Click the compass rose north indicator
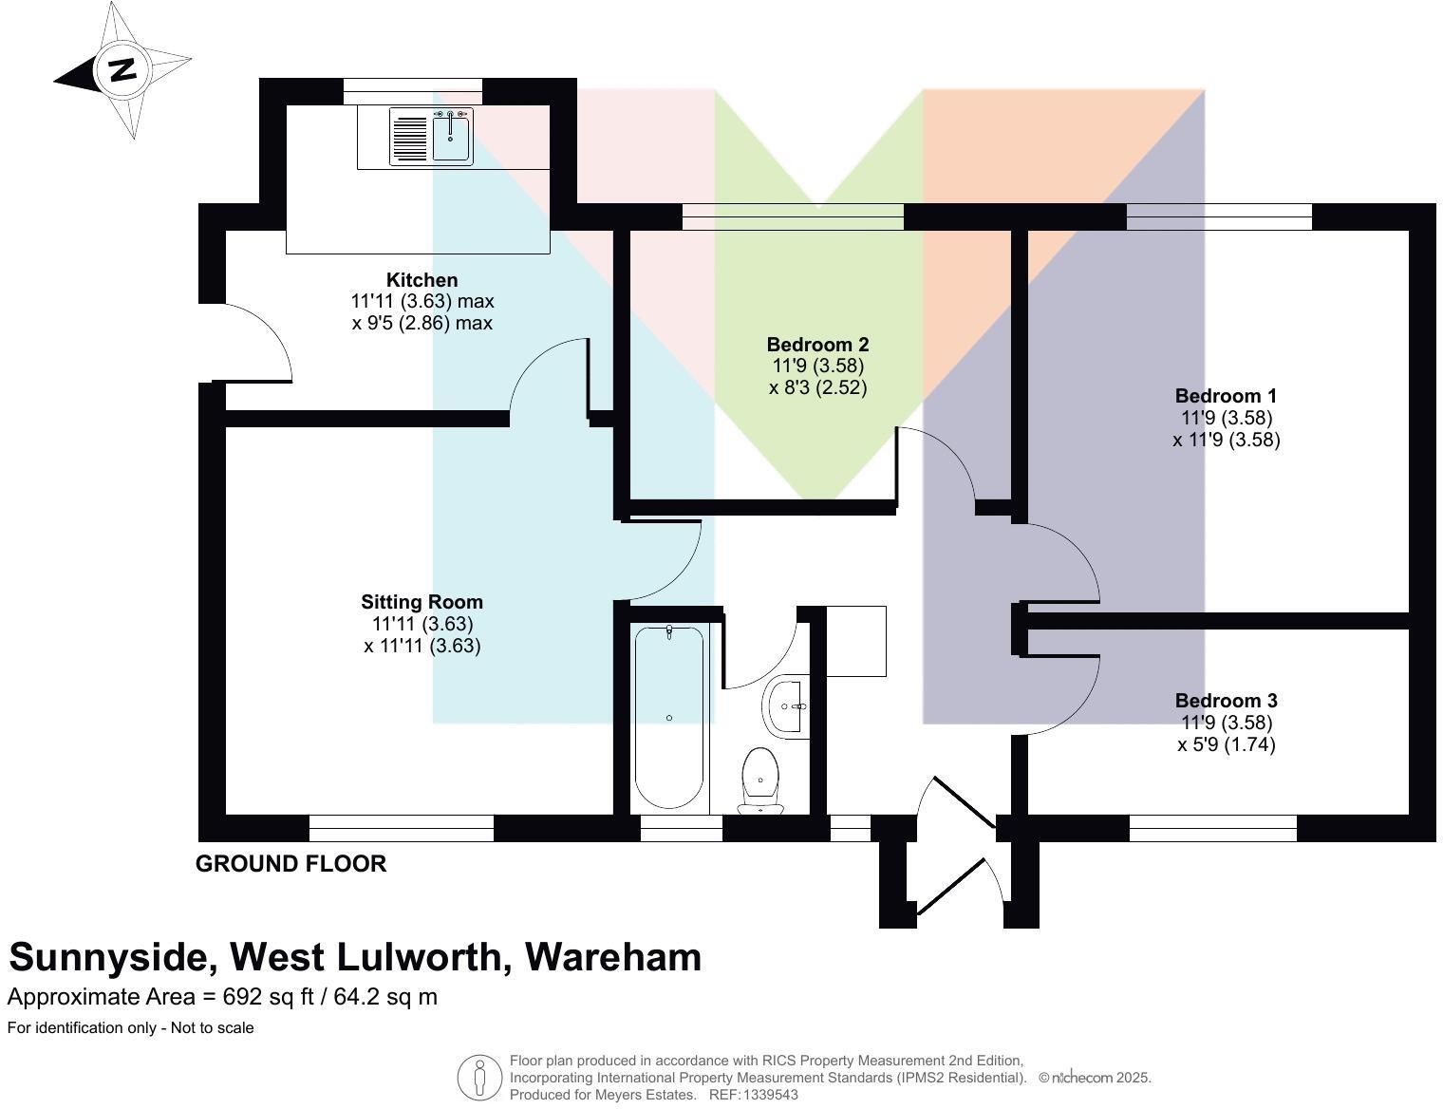coord(122,70)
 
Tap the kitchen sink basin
coord(452,139)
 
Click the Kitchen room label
coord(422,280)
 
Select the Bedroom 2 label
coord(817,345)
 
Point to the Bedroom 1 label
coord(1226,396)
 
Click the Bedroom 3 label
coord(1226,701)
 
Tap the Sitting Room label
coord(422,602)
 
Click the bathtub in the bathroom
coord(669,717)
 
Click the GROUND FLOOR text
coord(290,864)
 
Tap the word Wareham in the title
coord(613,957)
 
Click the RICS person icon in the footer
coord(479,1079)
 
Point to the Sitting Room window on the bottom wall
coord(402,829)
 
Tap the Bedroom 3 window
coord(1212,829)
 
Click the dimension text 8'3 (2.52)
coord(817,387)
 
